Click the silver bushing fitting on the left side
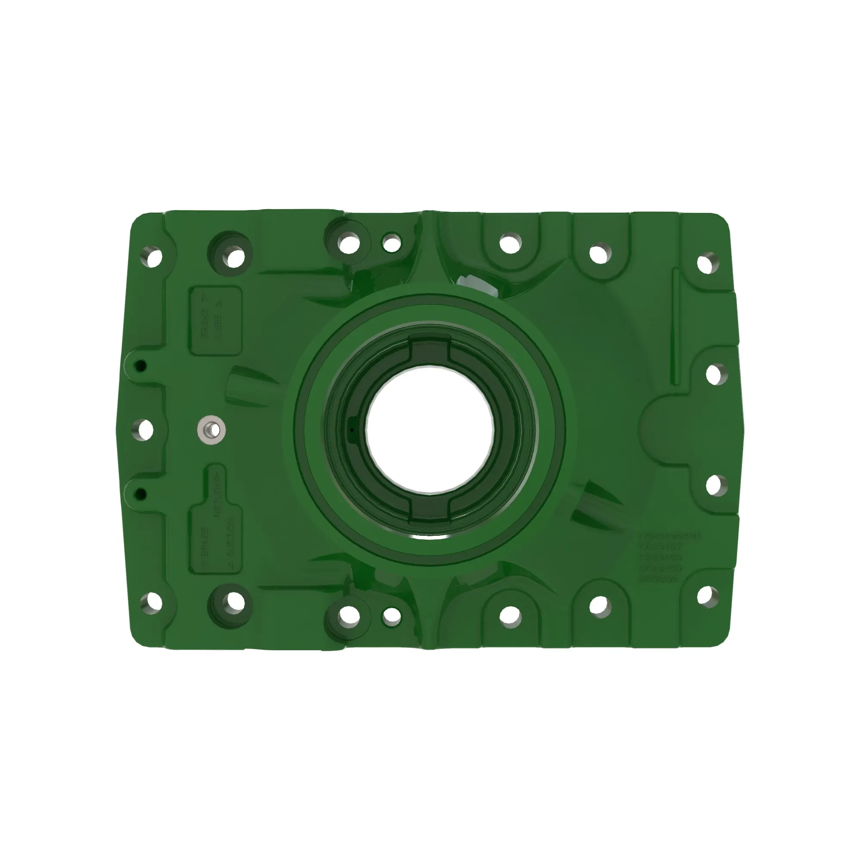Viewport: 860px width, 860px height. pos(212,430)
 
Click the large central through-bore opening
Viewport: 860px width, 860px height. pos(430,429)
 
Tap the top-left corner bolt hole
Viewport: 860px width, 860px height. pos(154,258)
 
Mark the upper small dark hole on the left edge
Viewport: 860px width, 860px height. pos(141,366)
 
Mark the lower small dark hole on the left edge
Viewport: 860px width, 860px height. pos(141,494)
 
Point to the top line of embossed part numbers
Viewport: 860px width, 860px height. pos(670,536)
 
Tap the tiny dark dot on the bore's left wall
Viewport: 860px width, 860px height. pos(352,430)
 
